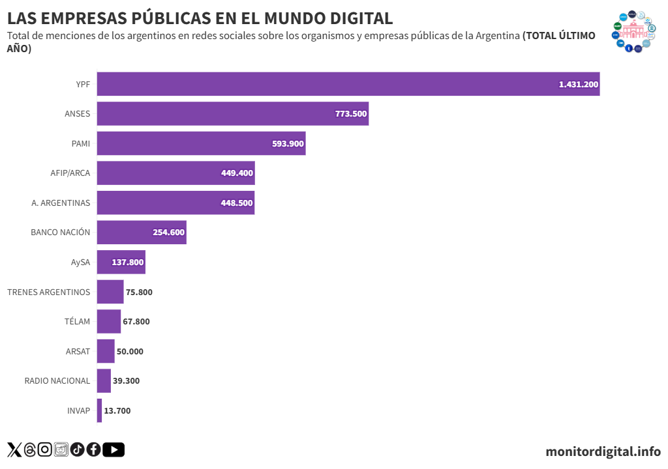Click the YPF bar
click(x=348, y=84)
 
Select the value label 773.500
click(x=351, y=113)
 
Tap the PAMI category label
click(x=81, y=143)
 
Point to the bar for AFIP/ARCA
click(x=175, y=173)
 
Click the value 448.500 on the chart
click(x=237, y=203)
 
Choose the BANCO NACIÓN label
click(x=61, y=233)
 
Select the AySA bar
click(x=121, y=263)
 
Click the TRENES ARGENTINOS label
click(x=49, y=292)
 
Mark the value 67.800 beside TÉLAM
click(x=136, y=322)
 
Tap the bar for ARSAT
click(x=106, y=351)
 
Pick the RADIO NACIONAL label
click(x=57, y=381)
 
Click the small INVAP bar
click(x=99, y=410)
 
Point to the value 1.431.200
click(x=579, y=85)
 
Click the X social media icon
click(x=14, y=449)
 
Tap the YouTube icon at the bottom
click(x=114, y=449)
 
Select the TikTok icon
click(x=78, y=449)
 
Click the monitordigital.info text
click(x=603, y=451)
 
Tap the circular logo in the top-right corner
click(x=631, y=31)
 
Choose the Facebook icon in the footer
click(x=93, y=449)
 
